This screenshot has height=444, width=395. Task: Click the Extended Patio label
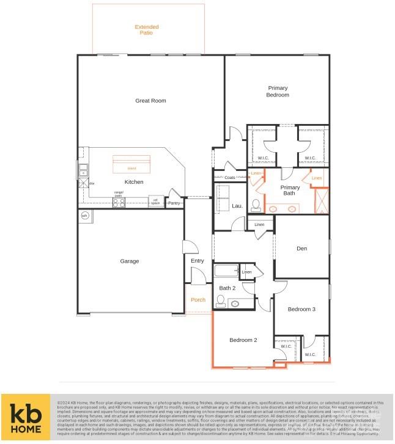(x=147, y=30)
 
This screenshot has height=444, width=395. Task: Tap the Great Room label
(x=150, y=101)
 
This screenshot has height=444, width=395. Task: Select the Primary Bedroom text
(x=277, y=92)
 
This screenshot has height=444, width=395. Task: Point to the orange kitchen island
(x=131, y=164)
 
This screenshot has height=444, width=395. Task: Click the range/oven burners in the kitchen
(x=119, y=202)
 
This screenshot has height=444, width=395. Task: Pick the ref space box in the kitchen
(x=156, y=201)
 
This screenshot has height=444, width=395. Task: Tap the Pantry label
(x=174, y=203)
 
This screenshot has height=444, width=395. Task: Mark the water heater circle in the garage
(x=84, y=216)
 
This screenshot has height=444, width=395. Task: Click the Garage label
(x=129, y=261)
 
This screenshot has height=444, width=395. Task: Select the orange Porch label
(x=198, y=300)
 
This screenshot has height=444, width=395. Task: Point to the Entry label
(x=197, y=261)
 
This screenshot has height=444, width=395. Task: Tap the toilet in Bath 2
(x=221, y=300)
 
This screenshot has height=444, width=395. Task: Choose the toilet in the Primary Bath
(x=256, y=204)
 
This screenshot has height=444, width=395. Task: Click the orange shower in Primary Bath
(x=321, y=200)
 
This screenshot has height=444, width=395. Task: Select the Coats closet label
(x=229, y=178)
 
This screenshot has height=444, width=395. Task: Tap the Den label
(x=301, y=249)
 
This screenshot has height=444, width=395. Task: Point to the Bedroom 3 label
(x=301, y=310)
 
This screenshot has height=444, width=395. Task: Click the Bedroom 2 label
(x=243, y=340)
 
